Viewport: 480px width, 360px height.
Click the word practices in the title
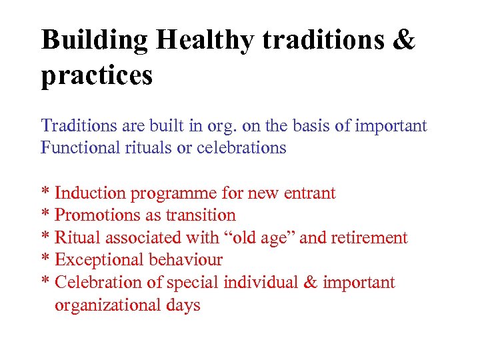click(x=97, y=75)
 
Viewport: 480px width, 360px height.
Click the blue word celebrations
click(x=241, y=148)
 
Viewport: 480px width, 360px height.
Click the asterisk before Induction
click(x=45, y=193)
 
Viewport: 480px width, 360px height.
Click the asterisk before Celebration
click(x=45, y=281)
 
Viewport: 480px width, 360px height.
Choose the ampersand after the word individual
click(x=310, y=283)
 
